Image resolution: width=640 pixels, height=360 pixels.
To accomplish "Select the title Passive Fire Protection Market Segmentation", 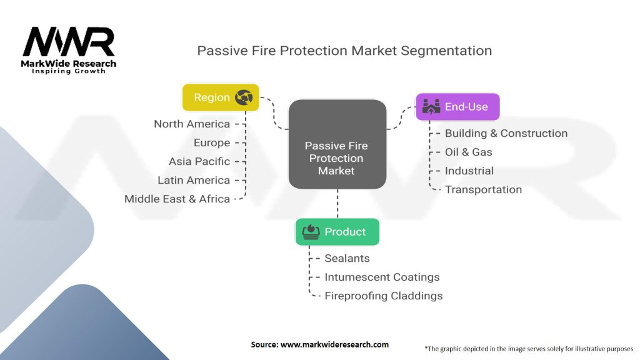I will click(344, 51).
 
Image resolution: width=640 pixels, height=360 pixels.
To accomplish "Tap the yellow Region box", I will click(220, 97).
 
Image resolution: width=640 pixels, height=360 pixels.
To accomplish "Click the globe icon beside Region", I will click(242, 97).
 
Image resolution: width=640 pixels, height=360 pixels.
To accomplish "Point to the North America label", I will click(192, 124).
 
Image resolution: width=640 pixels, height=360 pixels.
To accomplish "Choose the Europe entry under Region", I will click(211, 142).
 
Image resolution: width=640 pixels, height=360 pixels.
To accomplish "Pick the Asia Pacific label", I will click(199, 161).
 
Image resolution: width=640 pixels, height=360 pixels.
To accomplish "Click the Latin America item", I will click(193, 180).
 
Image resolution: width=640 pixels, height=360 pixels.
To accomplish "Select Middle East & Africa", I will click(177, 199).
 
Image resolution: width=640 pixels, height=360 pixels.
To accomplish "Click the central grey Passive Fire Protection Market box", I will click(336, 144).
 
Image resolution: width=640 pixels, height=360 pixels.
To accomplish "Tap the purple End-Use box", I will click(457, 107).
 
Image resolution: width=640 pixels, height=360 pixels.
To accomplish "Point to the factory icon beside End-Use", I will click(431, 106).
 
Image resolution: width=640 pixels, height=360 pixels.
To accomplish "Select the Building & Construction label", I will click(506, 133).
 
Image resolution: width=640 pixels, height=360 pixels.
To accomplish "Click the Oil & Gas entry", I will click(468, 152).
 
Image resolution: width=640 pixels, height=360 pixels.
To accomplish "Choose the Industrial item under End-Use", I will click(469, 171).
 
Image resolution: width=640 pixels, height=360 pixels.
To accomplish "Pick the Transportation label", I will click(483, 189).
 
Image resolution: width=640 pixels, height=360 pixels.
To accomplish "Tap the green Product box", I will click(337, 232).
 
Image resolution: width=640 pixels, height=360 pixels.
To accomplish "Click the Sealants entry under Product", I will click(347, 258).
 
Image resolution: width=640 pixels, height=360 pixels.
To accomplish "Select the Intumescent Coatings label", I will click(382, 277).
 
